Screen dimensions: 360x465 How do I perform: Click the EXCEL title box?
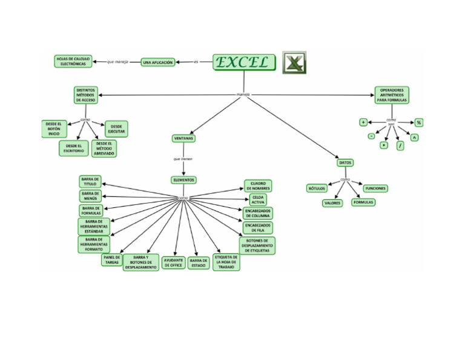[x=244, y=62]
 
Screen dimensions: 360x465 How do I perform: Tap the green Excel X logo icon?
[x=294, y=62]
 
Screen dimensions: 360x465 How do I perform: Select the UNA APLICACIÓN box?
[x=158, y=62]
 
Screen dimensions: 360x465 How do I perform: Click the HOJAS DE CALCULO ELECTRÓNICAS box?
[x=73, y=61]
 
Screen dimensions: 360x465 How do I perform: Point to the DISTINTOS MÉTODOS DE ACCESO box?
[x=85, y=95]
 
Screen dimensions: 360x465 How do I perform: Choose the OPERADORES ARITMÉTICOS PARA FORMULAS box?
[x=392, y=95]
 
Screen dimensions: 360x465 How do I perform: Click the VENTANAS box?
[x=183, y=138]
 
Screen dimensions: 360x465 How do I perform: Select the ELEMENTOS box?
[x=183, y=180]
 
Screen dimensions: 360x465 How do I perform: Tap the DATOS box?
[x=345, y=163]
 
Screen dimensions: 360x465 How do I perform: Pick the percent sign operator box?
[x=418, y=122]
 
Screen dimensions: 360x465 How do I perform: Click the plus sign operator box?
[x=363, y=122]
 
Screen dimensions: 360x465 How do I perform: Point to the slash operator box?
[x=400, y=145]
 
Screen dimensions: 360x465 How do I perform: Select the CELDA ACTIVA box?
[x=258, y=199]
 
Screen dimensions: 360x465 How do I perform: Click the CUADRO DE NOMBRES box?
[x=258, y=186]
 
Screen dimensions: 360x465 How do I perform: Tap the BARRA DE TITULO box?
[x=90, y=182]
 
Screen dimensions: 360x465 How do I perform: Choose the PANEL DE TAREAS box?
[x=112, y=260]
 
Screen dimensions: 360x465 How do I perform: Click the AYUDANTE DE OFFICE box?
[x=173, y=262]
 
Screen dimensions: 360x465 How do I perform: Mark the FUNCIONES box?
[x=375, y=188]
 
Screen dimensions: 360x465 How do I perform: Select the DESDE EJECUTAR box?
[x=116, y=129]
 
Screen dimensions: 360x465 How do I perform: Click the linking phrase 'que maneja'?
[x=117, y=62]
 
